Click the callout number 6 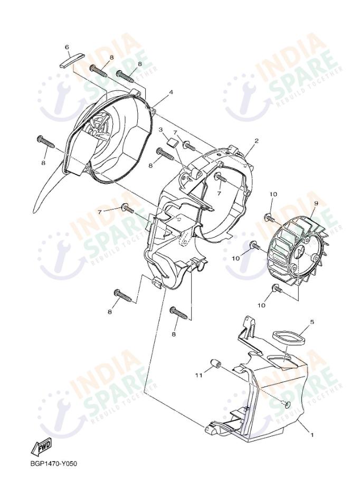pyautogui.click(x=67, y=48)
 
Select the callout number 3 pyautogui.click(x=160, y=129)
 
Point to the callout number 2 pyautogui.click(x=256, y=141)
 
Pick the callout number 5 pyautogui.click(x=312, y=322)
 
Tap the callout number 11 pyautogui.click(x=199, y=375)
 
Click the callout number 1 pyautogui.click(x=312, y=436)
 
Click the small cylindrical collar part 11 pyautogui.click(x=215, y=364)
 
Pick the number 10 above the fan pyautogui.click(x=273, y=195)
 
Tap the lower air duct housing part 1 pyautogui.click(x=269, y=401)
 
